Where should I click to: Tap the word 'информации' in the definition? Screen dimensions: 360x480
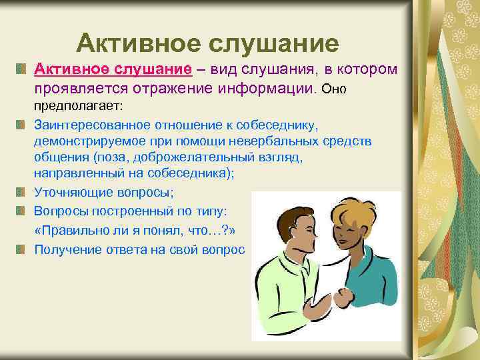click(270, 88)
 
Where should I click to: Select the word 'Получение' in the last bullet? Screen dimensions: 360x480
click(62, 249)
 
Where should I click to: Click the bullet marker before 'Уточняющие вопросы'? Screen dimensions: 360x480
click(21, 191)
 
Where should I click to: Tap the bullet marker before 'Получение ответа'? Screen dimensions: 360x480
click(21, 249)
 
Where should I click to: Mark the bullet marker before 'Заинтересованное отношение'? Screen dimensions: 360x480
click(21, 125)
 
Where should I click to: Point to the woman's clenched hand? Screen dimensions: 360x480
click(343, 297)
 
